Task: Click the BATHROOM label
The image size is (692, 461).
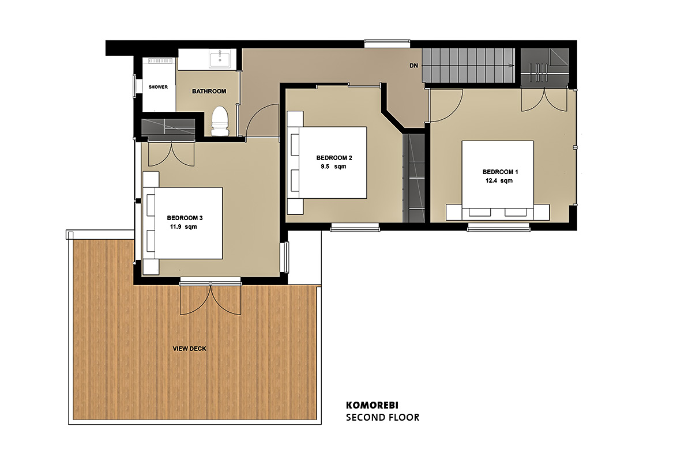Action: (x=209, y=91)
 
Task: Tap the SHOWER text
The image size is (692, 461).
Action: (x=158, y=87)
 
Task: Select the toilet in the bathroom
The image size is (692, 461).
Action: (x=220, y=121)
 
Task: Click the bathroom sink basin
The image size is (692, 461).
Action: (x=219, y=60)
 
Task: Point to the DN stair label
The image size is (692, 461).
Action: (x=413, y=66)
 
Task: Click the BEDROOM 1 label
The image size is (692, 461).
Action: (x=500, y=172)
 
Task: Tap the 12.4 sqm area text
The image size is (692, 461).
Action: (x=499, y=180)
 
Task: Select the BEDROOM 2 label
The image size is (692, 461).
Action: (x=334, y=158)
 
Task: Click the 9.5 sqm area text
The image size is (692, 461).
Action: (x=333, y=167)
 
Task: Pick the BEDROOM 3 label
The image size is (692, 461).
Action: (x=185, y=218)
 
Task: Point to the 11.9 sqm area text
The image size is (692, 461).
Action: (x=183, y=227)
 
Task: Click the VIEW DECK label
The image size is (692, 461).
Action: (x=189, y=349)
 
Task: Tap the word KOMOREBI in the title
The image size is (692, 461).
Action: (x=372, y=405)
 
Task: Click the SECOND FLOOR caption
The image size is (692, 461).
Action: (x=382, y=417)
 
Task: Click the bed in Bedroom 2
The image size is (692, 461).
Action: (x=327, y=163)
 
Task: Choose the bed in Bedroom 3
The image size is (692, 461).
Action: (x=182, y=223)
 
